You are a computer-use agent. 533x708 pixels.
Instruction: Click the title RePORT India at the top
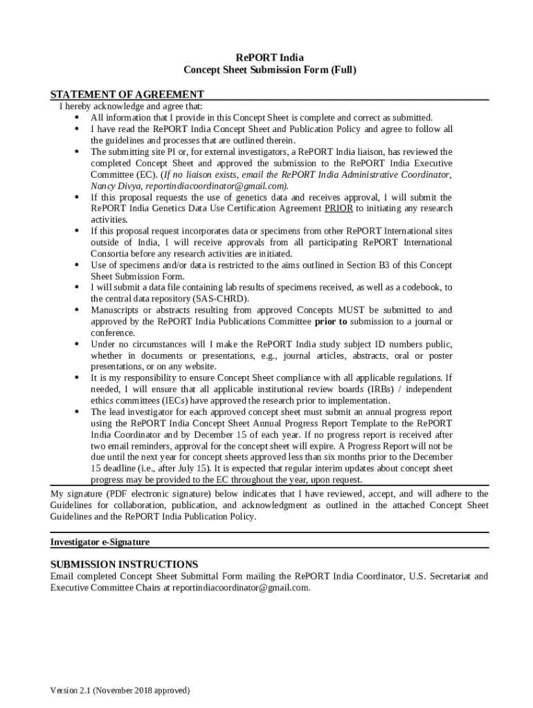click(269, 57)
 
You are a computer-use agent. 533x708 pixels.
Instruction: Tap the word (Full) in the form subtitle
click(342, 70)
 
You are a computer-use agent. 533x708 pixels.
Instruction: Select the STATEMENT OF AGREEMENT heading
click(127, 95)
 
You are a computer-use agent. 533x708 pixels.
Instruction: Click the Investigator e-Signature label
click(100, 542)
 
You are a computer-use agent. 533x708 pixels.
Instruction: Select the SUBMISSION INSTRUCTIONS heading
click(124, 564)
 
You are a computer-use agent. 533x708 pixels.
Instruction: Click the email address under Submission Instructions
click(235, 588)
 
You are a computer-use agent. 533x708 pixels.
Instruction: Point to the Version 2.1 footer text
click(120, 691)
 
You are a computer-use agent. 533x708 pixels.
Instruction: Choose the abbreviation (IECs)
click(184, 401)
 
